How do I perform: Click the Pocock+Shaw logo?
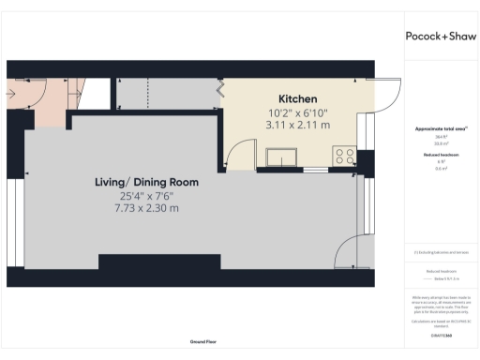coord(439,36)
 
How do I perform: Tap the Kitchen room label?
coord(297,99)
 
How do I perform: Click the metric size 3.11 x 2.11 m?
coord(298,125)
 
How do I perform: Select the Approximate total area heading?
coord(439,127)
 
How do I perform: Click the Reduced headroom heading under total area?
coord(439,153)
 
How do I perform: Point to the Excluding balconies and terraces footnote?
coord(439,252)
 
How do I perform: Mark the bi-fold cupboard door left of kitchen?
coord(221,90)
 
